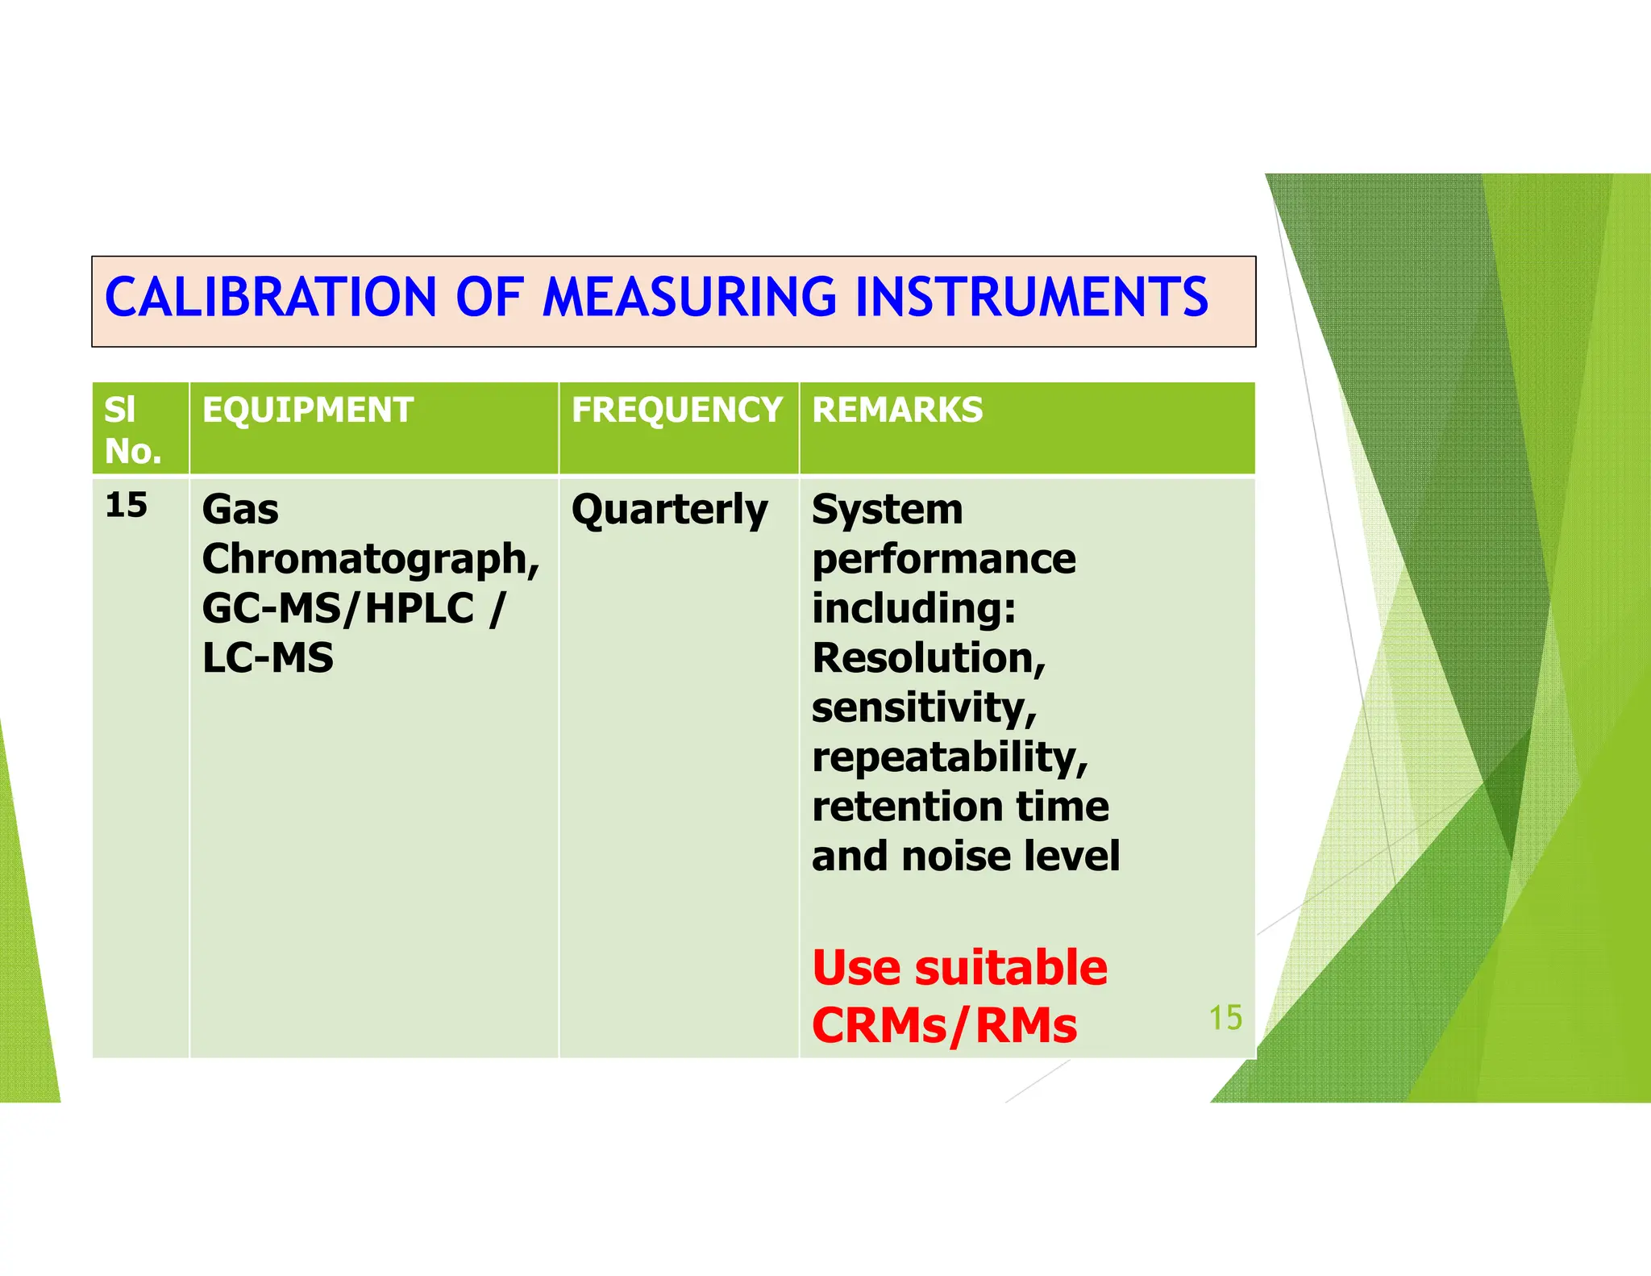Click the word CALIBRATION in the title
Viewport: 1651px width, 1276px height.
click(x=271, y=297)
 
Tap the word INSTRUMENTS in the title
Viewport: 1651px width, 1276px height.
click(x=1031, y=297)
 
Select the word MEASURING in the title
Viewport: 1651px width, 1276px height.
click(x=690, y=297)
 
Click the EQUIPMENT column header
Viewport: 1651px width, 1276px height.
click(x=307, y=410)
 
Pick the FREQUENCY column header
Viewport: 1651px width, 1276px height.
click(x=676, y=410)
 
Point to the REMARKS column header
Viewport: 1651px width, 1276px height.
click(x=897, y=410)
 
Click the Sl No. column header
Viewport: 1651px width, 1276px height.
click(x=132, y=430)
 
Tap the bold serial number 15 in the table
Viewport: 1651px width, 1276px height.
click(x=127, y=506)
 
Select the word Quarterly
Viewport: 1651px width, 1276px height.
click(x=669, y=511)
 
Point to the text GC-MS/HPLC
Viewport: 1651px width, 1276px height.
click(x=338, y=608)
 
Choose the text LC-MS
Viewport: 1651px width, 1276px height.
click(x=268, y=658)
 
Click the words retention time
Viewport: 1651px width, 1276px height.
click(x=960, y=807)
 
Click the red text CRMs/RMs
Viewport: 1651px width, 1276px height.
click(x=944, y=1025)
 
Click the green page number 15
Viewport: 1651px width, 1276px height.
click(x=1225, y=1018)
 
